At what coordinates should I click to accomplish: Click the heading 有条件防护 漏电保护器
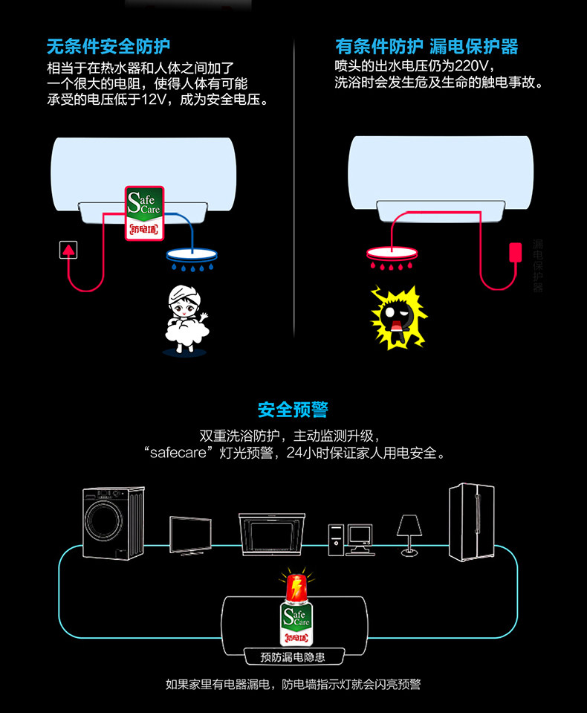point(427,47)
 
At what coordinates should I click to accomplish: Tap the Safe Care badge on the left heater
point(145,212)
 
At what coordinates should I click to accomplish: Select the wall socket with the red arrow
point(69,250)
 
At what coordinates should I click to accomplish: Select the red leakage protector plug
point(513,251)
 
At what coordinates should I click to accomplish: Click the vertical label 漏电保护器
point(538,265)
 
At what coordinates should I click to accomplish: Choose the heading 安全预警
point(293,410)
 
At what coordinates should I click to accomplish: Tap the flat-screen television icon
point(190,534)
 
